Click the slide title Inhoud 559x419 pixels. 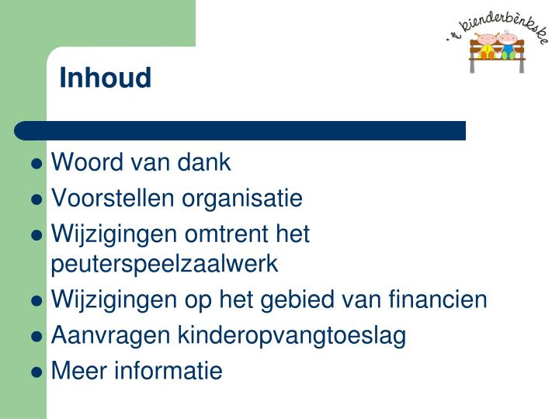click(x=106, y=78)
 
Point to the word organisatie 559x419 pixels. click(x=241, y=199)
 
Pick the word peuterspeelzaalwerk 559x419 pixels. click(x=164, y=264)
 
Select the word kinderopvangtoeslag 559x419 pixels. click(x=292, y=336)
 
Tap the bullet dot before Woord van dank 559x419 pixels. click(x=36, y=164)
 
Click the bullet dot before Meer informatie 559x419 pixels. click(x=36, y=372)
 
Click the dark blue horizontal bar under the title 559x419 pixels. click(x=241, y=130)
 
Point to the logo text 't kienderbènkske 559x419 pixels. click(x=497, y=23)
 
